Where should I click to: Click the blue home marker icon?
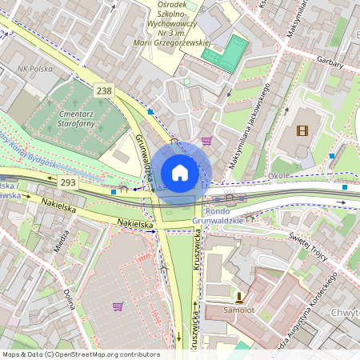[x=180, y=172]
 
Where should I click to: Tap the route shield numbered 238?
[x=104, y=91]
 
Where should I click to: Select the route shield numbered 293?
[x=68, y=182]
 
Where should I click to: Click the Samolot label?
[x=238, y=309]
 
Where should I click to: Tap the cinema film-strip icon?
[x=302, y=130]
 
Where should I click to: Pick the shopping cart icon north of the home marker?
[x=206, y=142]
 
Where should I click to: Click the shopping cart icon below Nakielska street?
[x=118, y=306]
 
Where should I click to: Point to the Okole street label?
[x=279, y=174]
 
